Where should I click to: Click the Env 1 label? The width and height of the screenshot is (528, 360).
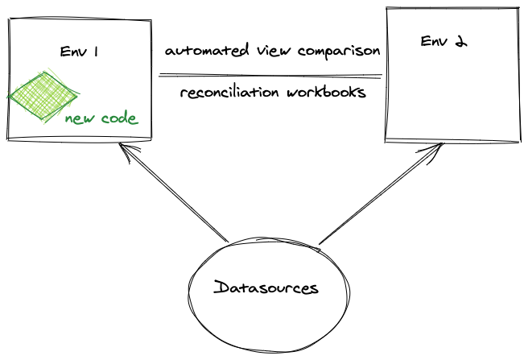tap(79, 52)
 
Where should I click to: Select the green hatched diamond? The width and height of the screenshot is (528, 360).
tap(44, 96)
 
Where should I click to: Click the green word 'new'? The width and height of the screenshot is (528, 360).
tap(81, 118)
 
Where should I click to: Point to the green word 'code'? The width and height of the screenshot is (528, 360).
tap(119, 118)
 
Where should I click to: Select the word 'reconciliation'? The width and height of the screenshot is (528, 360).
tap(227, 92)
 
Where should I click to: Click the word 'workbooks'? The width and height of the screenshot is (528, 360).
tap(326, 92)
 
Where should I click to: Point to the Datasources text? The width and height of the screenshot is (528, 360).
tap(266, 288)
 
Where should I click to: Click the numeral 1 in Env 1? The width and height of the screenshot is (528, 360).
tap(96, 52)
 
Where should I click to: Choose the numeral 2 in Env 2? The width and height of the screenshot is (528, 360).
tap(460, 41)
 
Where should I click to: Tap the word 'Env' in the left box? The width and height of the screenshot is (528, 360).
tap(72, 52)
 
